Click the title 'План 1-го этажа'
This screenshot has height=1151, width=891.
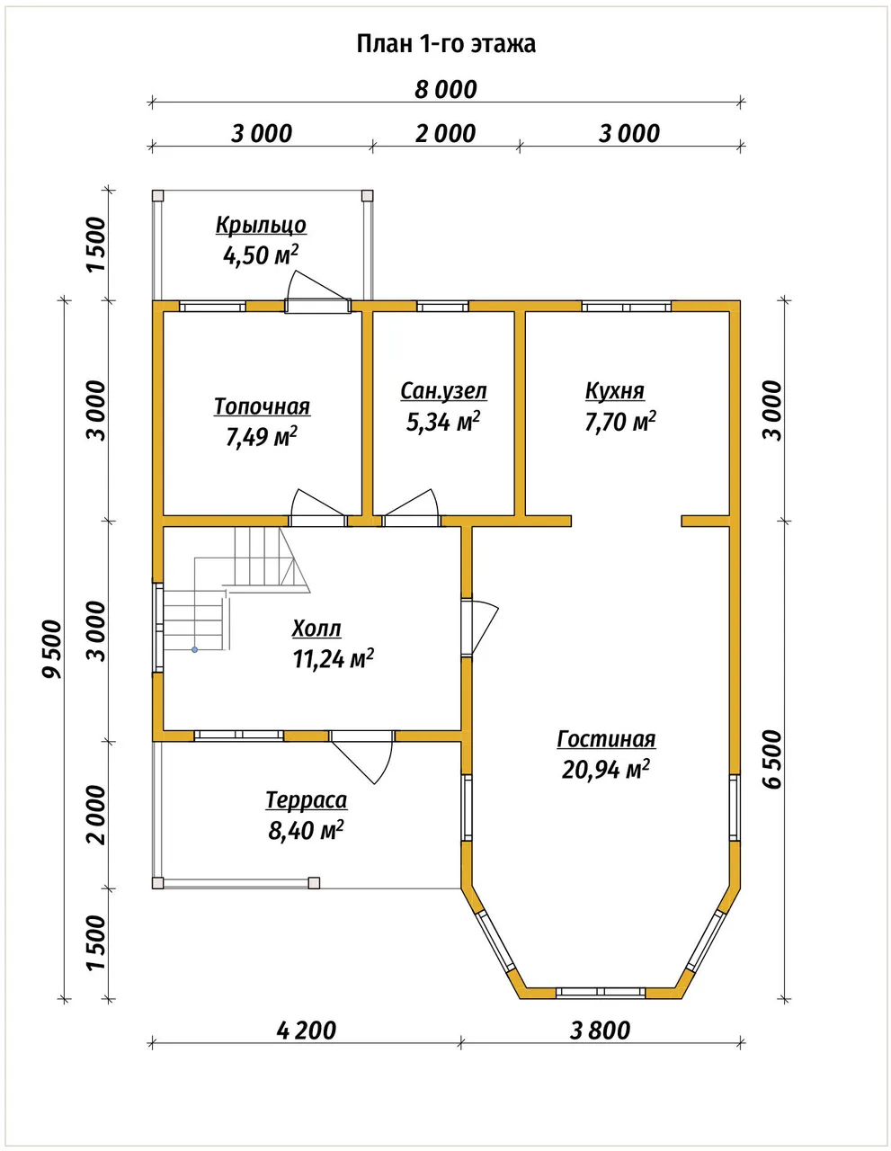pyautogui.click(x=446, y=44)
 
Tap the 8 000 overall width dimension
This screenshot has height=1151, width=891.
pyautogui.click(x=446, y=90)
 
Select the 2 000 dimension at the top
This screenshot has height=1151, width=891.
pyautogui.click(x=446, y=133)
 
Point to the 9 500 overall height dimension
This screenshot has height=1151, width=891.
pyautogui.click(x=53, y=649)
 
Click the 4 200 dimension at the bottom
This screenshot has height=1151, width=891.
pyautogui.click(x=306, y=1031)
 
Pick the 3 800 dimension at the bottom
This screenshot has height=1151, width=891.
pyautogui.click(x=600, y=1031)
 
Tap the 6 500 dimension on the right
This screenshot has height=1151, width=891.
pyautogui.click(x=773, y=760)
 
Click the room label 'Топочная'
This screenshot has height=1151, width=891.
pyautogui.click(x=262, y=406)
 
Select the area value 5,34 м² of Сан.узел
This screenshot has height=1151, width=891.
pyautogui.click(x=443, y=422)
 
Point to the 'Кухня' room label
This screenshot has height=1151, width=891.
pyautogui.click(x=615, y=391)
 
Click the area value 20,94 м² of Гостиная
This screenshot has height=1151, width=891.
pyautogui.click(x=606, y=769)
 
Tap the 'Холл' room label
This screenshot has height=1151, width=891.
pyautogui.click(x=316, y=629)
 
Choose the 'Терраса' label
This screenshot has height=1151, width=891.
pyautogui.click(x=306, y=799)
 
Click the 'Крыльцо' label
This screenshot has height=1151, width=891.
pyautogui.click(x=261, y=225)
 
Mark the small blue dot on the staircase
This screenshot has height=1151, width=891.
pyautogui.click(x=195, y=649)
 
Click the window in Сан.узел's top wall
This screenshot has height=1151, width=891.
pyautogui.click(x=442, y=306)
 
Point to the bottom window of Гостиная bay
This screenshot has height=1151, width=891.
pyautogui.click(x=601, y=992)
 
